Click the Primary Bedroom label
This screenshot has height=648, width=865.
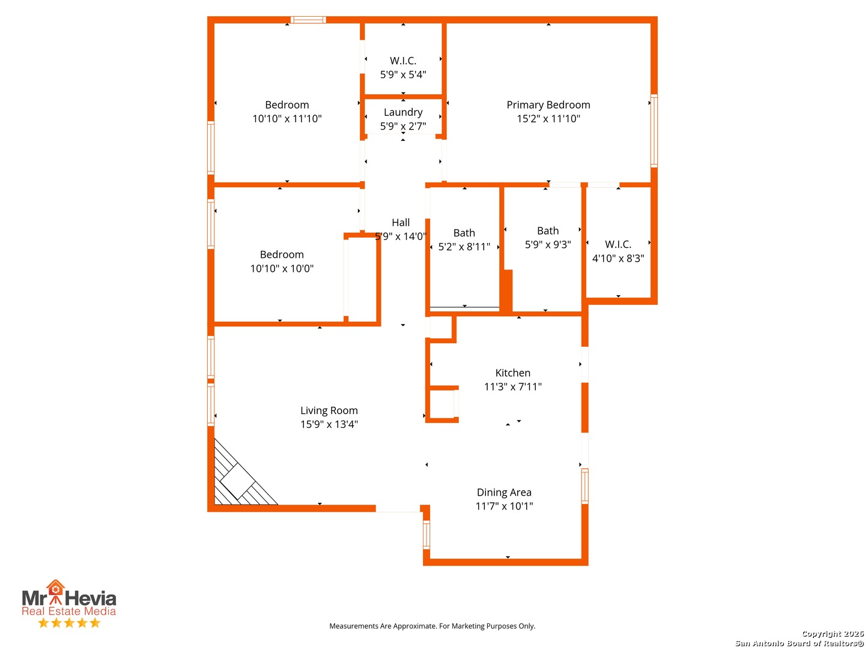[548, 105]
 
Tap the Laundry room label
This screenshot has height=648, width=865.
[403, 112]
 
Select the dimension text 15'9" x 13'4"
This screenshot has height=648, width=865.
[329, 424]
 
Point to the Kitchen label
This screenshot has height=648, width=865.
[512, 373]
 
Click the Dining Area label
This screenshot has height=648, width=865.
[504, 492]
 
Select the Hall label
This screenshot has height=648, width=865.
[401, 223]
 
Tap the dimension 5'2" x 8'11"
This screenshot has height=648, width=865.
[464, 247]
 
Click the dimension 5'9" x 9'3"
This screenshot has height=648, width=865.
[548, 245]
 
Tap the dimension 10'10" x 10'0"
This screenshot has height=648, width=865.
[282, 268]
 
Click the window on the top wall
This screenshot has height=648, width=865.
[308, 20]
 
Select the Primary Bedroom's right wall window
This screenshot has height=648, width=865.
[654, 130]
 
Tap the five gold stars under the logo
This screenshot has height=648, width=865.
[69, 623]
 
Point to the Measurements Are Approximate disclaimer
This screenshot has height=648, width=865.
[432, 626]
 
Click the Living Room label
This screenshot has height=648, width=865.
[329, 410]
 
